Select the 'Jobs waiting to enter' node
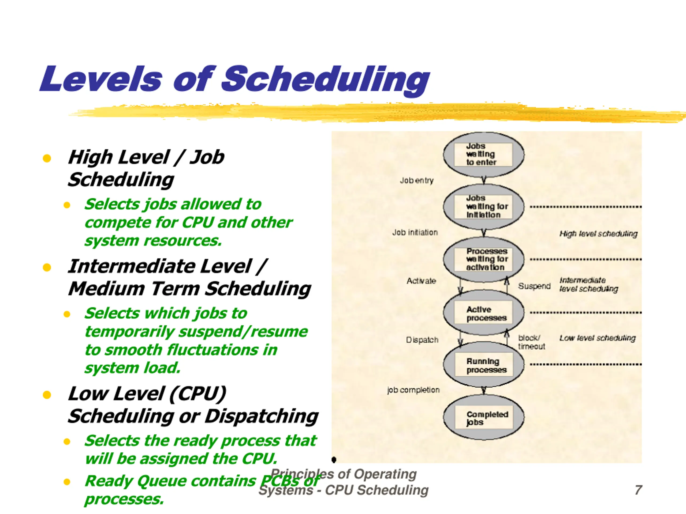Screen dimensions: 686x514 point(483,154)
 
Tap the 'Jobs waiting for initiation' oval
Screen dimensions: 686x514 point(483,207)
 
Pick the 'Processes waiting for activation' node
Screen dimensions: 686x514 point(483,259)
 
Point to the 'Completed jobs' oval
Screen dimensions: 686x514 point(483,418)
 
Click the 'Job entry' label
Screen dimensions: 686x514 point(416,181)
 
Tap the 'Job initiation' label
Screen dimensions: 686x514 point(415,232)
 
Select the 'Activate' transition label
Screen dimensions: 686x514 point(421,281)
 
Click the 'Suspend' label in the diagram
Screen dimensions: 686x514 point(534,286)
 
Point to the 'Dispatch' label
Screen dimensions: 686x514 point(422,340)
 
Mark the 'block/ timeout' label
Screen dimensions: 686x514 point(531,342)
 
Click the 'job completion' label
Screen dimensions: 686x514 point(413,390)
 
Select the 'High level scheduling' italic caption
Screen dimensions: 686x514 point(598,234)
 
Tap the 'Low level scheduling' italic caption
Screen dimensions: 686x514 point(597,338)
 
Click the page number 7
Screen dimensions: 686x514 point(638,490)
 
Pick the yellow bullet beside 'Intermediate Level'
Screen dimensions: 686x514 point(47,267)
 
